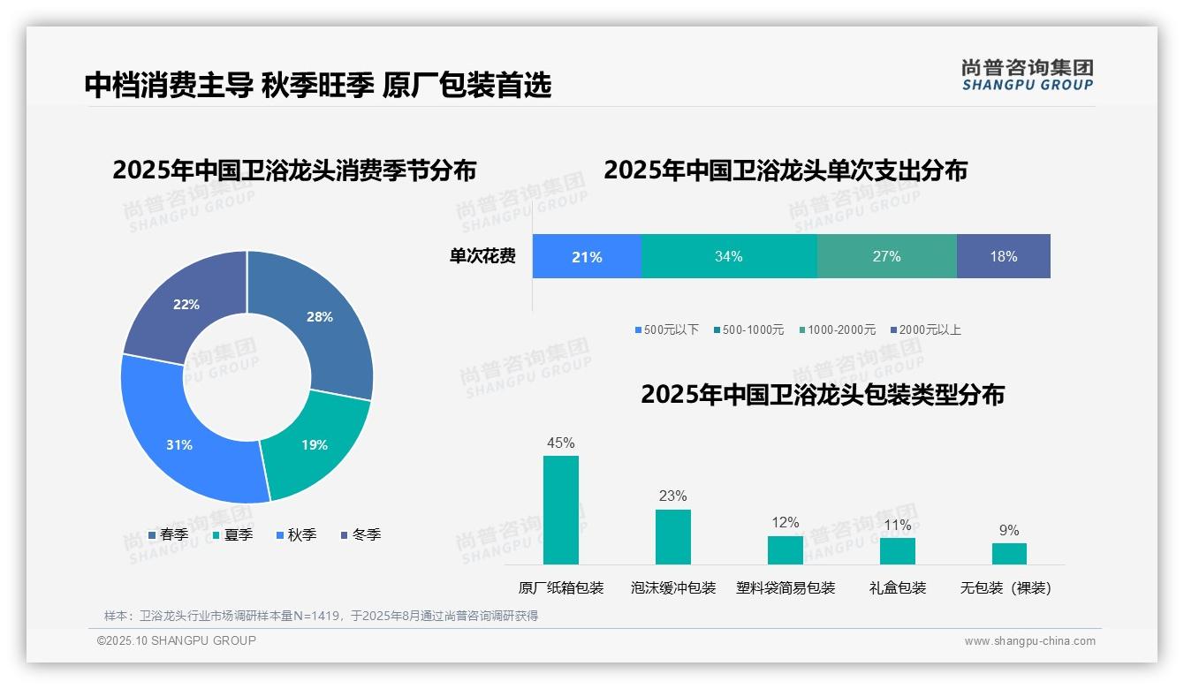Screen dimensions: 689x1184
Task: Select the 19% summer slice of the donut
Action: tap(315, 444)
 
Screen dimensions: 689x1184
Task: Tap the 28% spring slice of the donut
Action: tap(319, 317)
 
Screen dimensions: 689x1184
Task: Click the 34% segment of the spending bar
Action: tap(728, 256)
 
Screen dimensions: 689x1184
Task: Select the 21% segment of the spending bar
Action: tap(587, 256)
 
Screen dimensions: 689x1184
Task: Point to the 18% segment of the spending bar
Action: tap(1003, 256)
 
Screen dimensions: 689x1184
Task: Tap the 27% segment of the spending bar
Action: tap(886, 256)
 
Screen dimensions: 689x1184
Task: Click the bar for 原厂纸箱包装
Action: tap(561, 510)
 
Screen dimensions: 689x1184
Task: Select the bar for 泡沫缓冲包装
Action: tap(672, 537)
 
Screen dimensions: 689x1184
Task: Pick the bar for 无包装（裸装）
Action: tap(1009, 554)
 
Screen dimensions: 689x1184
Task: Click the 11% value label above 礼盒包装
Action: tap(897, 525)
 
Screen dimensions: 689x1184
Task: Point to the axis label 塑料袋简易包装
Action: tap(786, 587)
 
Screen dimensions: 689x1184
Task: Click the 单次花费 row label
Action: tap(482, 256)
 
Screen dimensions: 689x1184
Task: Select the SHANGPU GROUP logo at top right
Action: tap(1027, 75)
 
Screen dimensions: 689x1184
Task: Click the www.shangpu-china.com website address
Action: tap(1029, 641)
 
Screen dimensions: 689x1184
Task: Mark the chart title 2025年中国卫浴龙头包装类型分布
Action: tap(822, 394)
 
